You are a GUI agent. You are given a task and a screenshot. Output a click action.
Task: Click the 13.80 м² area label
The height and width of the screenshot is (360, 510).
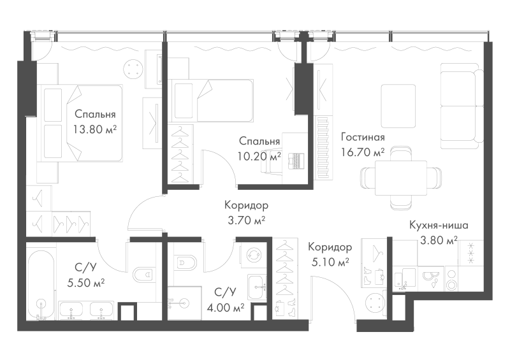click(94, 129)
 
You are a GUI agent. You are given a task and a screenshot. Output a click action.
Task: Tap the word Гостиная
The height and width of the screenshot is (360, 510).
click(363, 137)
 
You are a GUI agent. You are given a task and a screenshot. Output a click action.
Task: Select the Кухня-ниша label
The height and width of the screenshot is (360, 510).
click(439, 225)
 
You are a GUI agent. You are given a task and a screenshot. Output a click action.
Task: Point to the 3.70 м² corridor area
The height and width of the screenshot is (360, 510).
click(246, 220)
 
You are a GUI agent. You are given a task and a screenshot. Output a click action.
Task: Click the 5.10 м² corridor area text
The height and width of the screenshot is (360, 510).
click(330, 262)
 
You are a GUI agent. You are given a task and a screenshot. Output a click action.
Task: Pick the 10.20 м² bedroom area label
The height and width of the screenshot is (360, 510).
click(259, 156)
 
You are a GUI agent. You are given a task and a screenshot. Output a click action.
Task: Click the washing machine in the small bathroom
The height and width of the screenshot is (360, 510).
click(253, 255)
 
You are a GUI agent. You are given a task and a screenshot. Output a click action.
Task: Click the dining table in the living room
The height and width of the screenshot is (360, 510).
click(401, 178)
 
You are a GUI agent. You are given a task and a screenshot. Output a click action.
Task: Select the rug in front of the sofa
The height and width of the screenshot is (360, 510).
click(398, 106)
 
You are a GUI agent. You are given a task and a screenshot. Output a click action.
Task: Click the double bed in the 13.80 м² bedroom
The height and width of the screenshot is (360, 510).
click(80, 123)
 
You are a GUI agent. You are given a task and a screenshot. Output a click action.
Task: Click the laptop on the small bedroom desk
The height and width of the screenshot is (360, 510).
click(296, 161)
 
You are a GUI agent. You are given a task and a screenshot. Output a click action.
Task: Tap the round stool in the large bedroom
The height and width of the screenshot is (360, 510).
click(133, 69)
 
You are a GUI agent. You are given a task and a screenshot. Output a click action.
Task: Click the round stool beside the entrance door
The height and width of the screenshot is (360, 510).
click(375, 303)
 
